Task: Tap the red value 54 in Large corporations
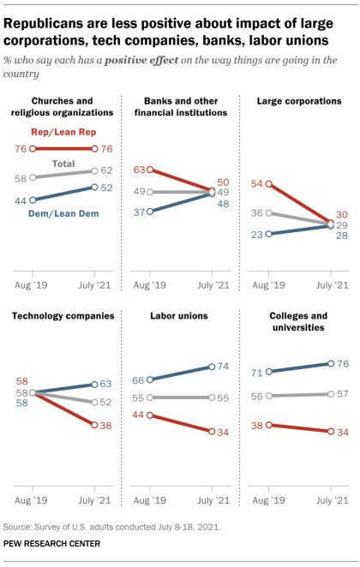pyautogui.click(x=253, y=183)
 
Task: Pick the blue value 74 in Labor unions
pyautogui.click(x=221, y=367)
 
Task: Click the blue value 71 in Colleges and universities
pyautogui.click(x=253, y=372)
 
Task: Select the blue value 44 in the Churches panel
pyautogui.click(x=20, y=200)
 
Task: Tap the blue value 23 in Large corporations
pyautogui.click(x=253, y=233)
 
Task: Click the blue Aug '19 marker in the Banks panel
pyautogui.click(x=150, y=211)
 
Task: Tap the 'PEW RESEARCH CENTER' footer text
pyautogui.click(x=57, y=543)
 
